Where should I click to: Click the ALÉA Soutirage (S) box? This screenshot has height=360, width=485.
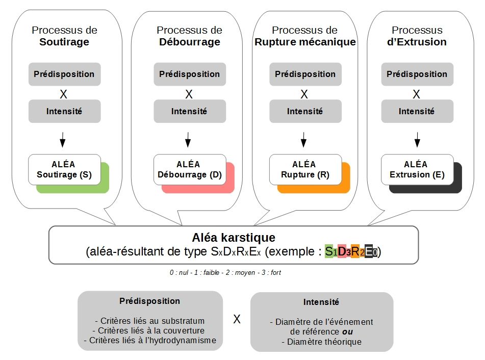[64, 169]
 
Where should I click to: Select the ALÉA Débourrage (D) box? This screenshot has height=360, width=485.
[189, 169]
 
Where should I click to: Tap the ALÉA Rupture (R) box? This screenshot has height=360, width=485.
[305, 169]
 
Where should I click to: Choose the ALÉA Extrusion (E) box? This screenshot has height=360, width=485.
[417, 169]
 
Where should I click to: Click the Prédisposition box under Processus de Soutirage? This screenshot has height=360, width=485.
[64, 74]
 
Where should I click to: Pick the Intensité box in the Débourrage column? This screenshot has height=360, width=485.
[189, 111]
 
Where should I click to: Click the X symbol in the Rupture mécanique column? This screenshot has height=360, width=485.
[304, 94]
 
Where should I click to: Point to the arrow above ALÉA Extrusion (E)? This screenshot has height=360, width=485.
[417, 139]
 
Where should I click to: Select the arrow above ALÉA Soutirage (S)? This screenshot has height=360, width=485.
[63, 139]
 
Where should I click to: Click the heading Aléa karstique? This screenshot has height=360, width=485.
[234, 238]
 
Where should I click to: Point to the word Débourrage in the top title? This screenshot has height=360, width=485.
[189, 42]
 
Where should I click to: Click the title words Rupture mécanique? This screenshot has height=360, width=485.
[305, 42]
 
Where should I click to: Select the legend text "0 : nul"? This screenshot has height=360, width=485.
[178, 273]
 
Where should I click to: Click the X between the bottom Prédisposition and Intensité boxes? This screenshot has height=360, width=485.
[237, 320]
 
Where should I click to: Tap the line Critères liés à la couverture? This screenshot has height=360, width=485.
[150, 331]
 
